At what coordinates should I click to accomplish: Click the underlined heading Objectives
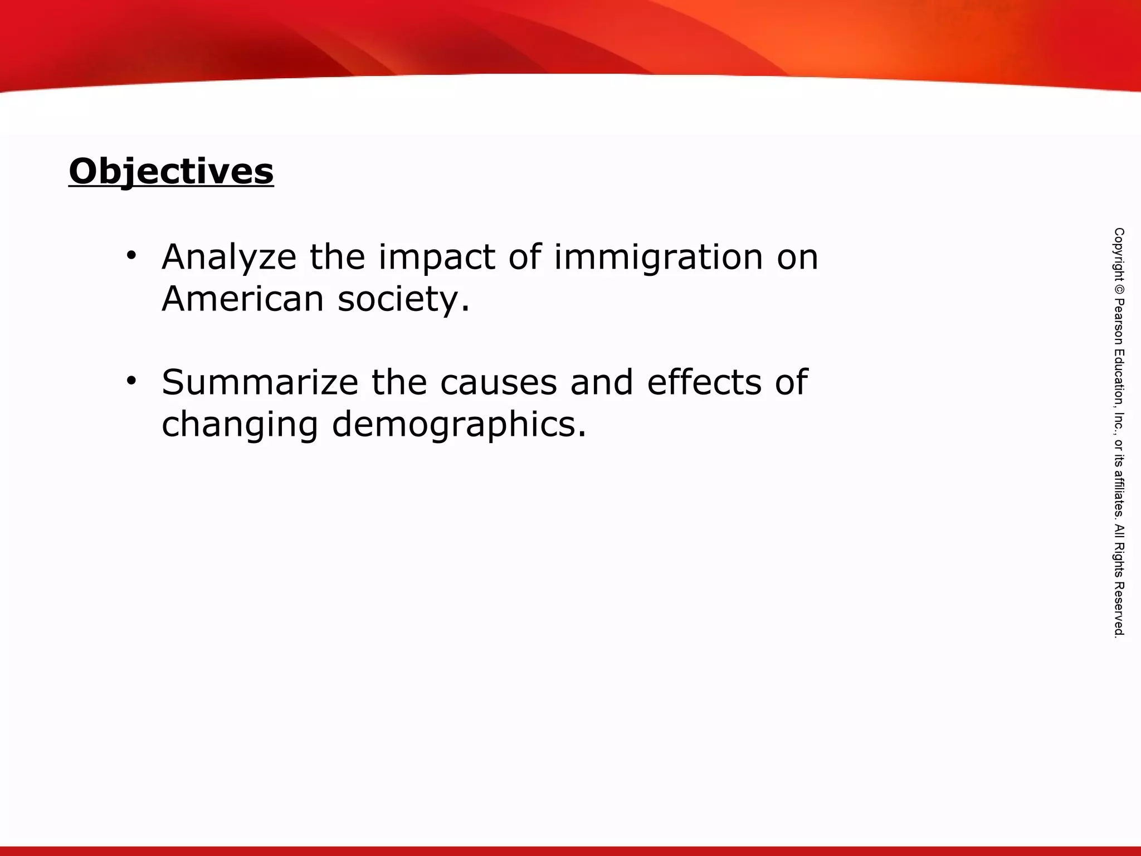(x=171, y=172)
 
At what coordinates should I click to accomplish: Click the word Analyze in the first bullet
(x=229, y=257)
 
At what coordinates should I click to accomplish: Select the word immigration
(x=658, y=257)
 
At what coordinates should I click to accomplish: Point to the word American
(x=243, y=299)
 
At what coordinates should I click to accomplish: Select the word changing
(x=240, y=425)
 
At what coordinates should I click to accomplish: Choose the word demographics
(x=459, y=425)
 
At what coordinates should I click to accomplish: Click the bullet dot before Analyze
(x=131, y=256)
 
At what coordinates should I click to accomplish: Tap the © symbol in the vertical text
(x=1119, y=289)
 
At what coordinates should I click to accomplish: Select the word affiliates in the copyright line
(x=1119, y=493)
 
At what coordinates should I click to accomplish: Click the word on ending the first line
(x=798, y=257)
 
